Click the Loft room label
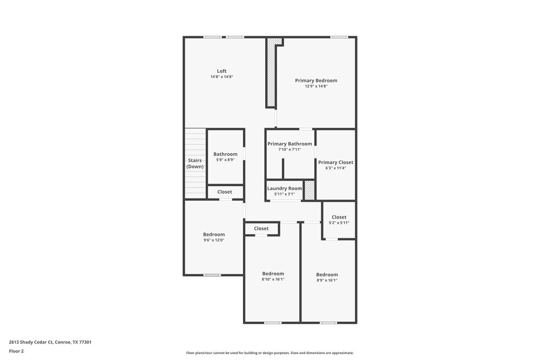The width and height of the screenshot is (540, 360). point(221,71)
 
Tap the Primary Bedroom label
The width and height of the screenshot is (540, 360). point(316,80)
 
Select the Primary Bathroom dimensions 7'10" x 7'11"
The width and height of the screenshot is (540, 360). point(289,150)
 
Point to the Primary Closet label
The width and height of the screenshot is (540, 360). point(335,162)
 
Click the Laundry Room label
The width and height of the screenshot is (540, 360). point(285,188)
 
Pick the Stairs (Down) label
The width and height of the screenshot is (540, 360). point(195,163)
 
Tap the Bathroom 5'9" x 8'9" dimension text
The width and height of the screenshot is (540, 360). point(225,160)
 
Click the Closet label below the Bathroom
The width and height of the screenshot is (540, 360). point(225,192)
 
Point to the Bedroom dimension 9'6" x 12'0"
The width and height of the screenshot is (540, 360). point(214,240)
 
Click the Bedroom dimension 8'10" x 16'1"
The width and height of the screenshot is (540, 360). point(273,279)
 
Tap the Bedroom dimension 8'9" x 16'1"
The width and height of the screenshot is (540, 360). point(327,280)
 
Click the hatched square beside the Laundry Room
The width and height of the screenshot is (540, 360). point(309,190)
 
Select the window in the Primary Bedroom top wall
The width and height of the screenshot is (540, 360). point(339,37)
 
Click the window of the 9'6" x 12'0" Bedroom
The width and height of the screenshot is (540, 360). point(212,275)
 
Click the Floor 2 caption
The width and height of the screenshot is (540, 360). point(16,351)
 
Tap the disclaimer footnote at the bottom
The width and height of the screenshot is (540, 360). point(269,353)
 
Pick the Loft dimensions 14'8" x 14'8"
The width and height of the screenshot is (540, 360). point(221,77)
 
